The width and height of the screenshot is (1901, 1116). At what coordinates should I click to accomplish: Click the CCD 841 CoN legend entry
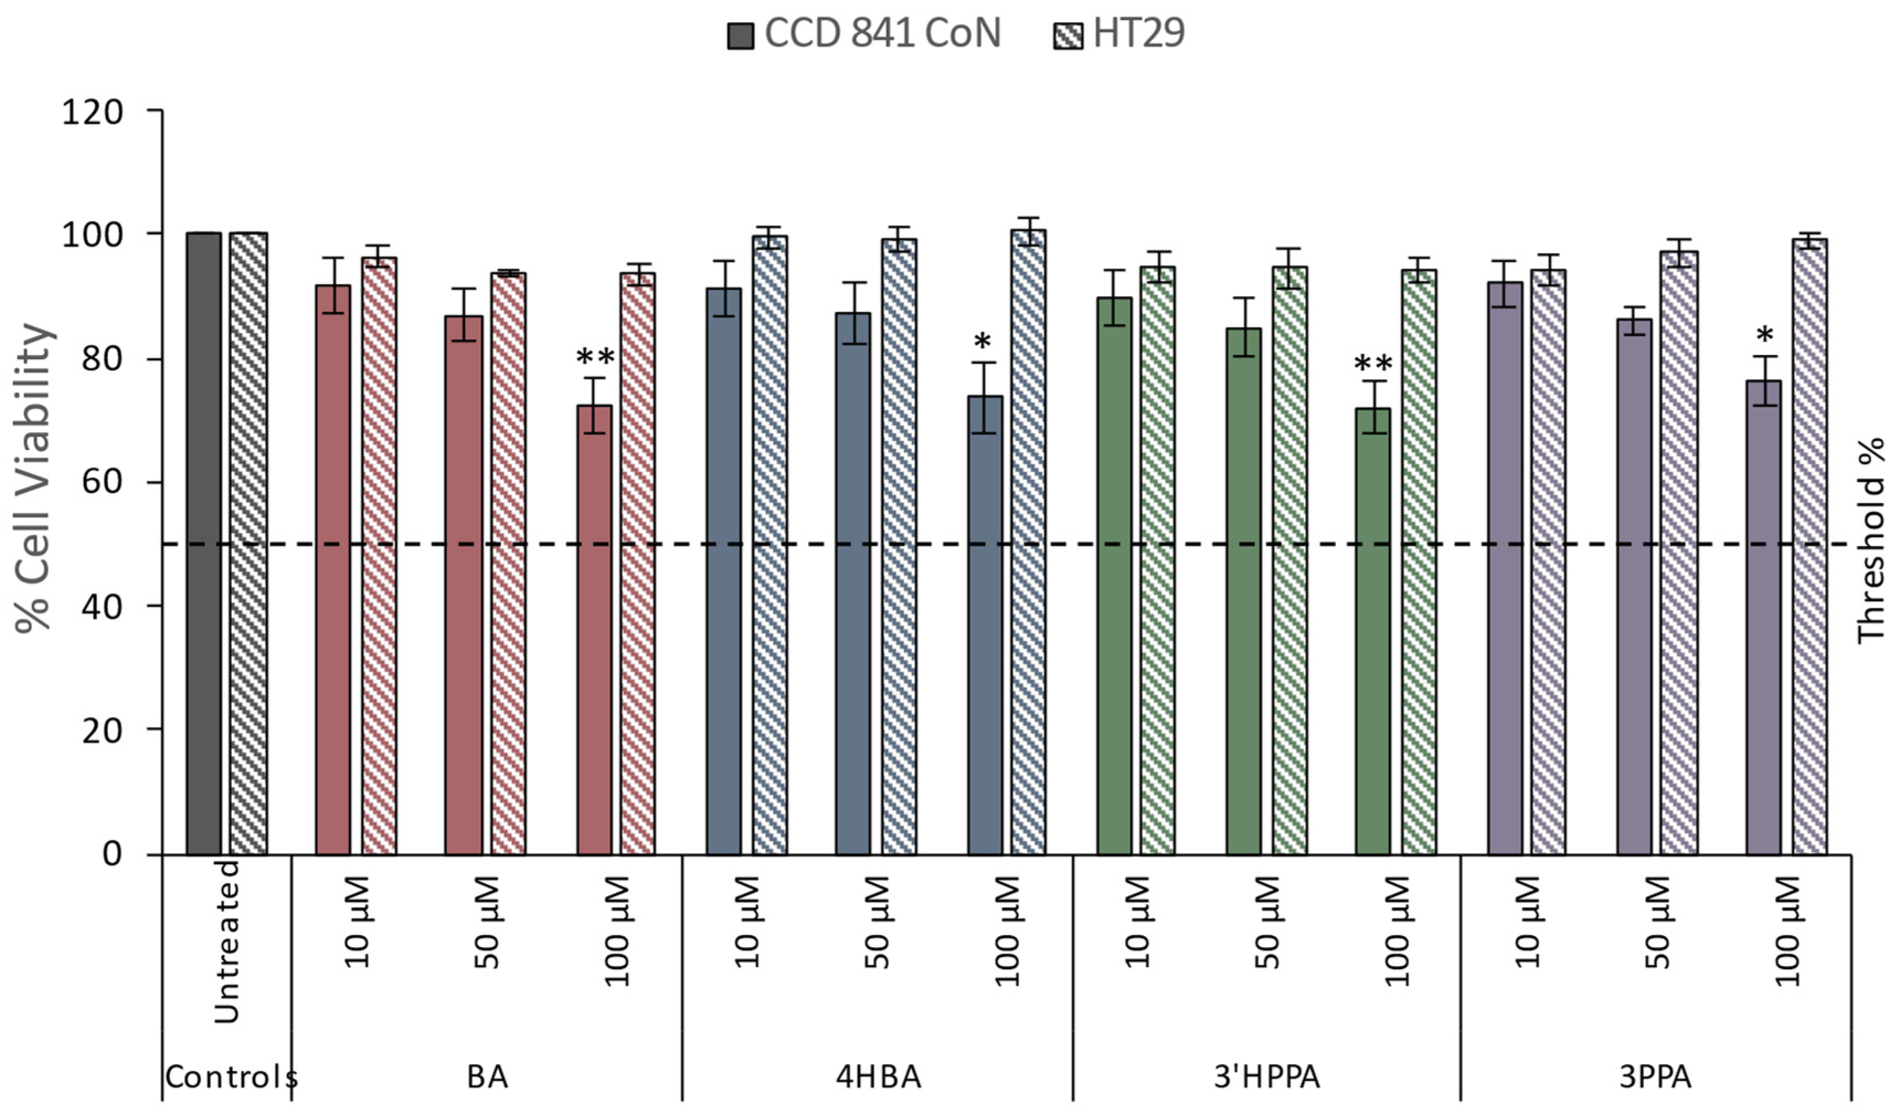(864, 34)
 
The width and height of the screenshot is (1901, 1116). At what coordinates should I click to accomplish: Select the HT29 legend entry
(1119, 34)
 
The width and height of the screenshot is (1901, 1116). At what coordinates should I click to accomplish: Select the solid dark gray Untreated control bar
(204, 543)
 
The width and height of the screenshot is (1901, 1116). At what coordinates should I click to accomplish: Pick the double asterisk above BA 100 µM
(595, 356)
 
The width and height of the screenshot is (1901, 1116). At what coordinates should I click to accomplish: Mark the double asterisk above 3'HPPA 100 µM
(1373, 364)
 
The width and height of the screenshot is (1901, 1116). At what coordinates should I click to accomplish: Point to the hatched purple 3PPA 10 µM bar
(1549, 562)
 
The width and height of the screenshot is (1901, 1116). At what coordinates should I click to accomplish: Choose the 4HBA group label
(879, 1077)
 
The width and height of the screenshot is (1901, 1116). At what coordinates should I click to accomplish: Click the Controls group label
(230, 1077)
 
